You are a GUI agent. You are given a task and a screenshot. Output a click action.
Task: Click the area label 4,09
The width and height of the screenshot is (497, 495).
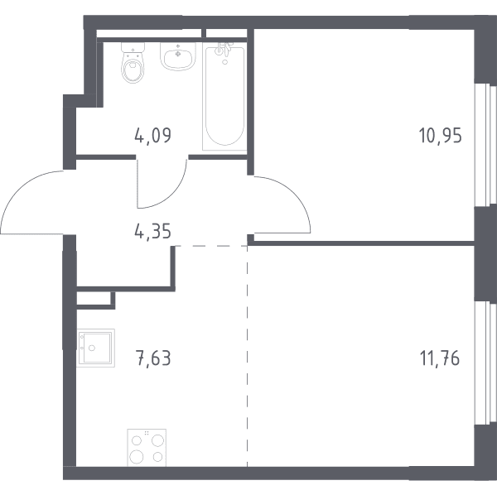pyautogui.click(x=152, y=136)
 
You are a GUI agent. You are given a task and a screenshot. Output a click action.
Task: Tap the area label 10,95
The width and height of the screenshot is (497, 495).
pyautogui.click(x=441, y=136)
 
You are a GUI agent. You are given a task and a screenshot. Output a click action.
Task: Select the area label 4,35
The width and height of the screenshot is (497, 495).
pyautogui.click(x=152, y=231)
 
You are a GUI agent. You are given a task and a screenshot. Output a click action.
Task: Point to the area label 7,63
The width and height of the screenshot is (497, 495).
pyautogui.click(x=153, y=358)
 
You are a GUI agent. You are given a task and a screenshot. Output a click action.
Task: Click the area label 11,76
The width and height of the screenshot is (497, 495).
pyautogui.click(x=440, y=358)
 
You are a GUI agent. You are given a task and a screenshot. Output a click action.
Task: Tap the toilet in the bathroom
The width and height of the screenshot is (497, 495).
pyautogui.click(x=133, y=63)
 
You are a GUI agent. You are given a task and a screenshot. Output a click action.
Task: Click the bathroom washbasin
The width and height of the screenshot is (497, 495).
pyautogui.click(x=178, y=56)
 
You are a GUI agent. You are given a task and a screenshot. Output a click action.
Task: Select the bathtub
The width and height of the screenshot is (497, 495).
pyautogui.click(x=224, y=96)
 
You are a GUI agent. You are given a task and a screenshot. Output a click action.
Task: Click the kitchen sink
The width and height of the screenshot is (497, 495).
pyautogui.click(x=95, y=348)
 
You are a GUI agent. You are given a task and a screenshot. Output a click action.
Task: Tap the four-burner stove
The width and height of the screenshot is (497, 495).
pyautogui.click(x=147, y=448)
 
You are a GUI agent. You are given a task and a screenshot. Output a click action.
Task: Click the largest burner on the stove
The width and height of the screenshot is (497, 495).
pyautogui.click(x=137, y=456)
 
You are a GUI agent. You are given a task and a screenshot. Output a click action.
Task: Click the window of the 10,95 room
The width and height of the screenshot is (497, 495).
pyautogui.click(x=485, y=145)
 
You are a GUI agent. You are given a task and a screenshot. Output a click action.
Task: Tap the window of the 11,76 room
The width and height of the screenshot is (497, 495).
pyautogui.click(x=485, y=363)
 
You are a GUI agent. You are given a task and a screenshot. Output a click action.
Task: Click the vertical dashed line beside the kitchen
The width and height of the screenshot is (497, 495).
pyautogui.click(x=247, y=356)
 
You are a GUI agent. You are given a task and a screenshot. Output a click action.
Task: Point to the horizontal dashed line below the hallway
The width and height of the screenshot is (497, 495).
pyautogui.click(x=211, y=246)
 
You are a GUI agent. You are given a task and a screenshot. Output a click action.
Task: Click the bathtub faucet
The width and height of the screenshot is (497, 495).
pyautogui.click(x=224, y=48)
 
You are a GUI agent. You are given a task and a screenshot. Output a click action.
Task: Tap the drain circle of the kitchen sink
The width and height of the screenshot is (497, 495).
pyautogui.click(x=92, y=348)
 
